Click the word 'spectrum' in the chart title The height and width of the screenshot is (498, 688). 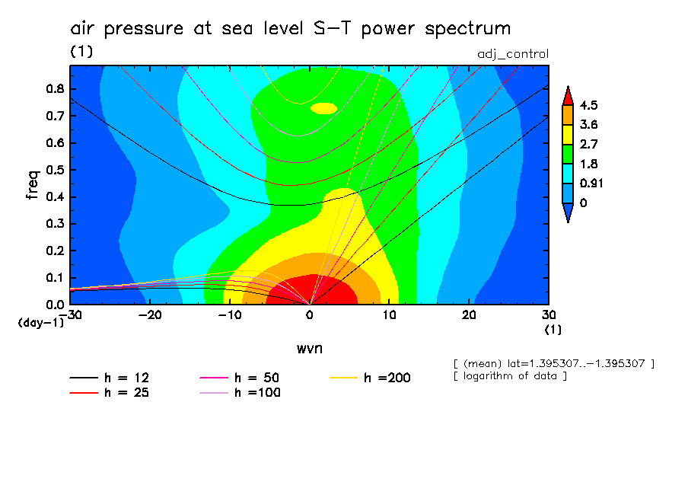click(465, 29)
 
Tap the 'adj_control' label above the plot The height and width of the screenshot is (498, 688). click(512, 54)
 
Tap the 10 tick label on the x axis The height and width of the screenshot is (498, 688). click(389, 314)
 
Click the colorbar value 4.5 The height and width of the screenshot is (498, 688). click(588, 105)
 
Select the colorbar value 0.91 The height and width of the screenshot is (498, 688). click(591, 183)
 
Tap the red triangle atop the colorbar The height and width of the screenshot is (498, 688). click(568, 95)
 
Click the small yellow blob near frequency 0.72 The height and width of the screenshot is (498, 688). click(323, 108)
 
